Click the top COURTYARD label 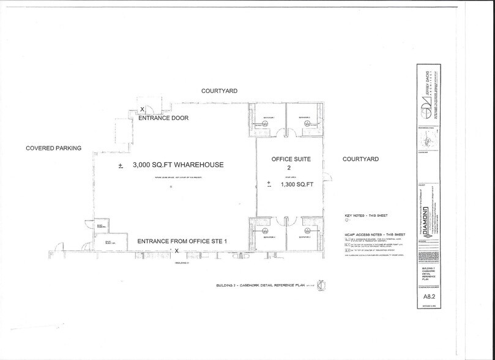[219, 91]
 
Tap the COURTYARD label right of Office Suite [360, 159]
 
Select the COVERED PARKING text [53, 148]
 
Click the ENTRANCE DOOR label [162, 118]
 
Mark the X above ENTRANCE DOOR [143, 109]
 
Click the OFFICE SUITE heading [291, 159]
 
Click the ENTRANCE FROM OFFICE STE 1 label [182, 241]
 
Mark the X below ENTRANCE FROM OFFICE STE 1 [177, 250]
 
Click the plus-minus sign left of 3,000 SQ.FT [121, 165]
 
